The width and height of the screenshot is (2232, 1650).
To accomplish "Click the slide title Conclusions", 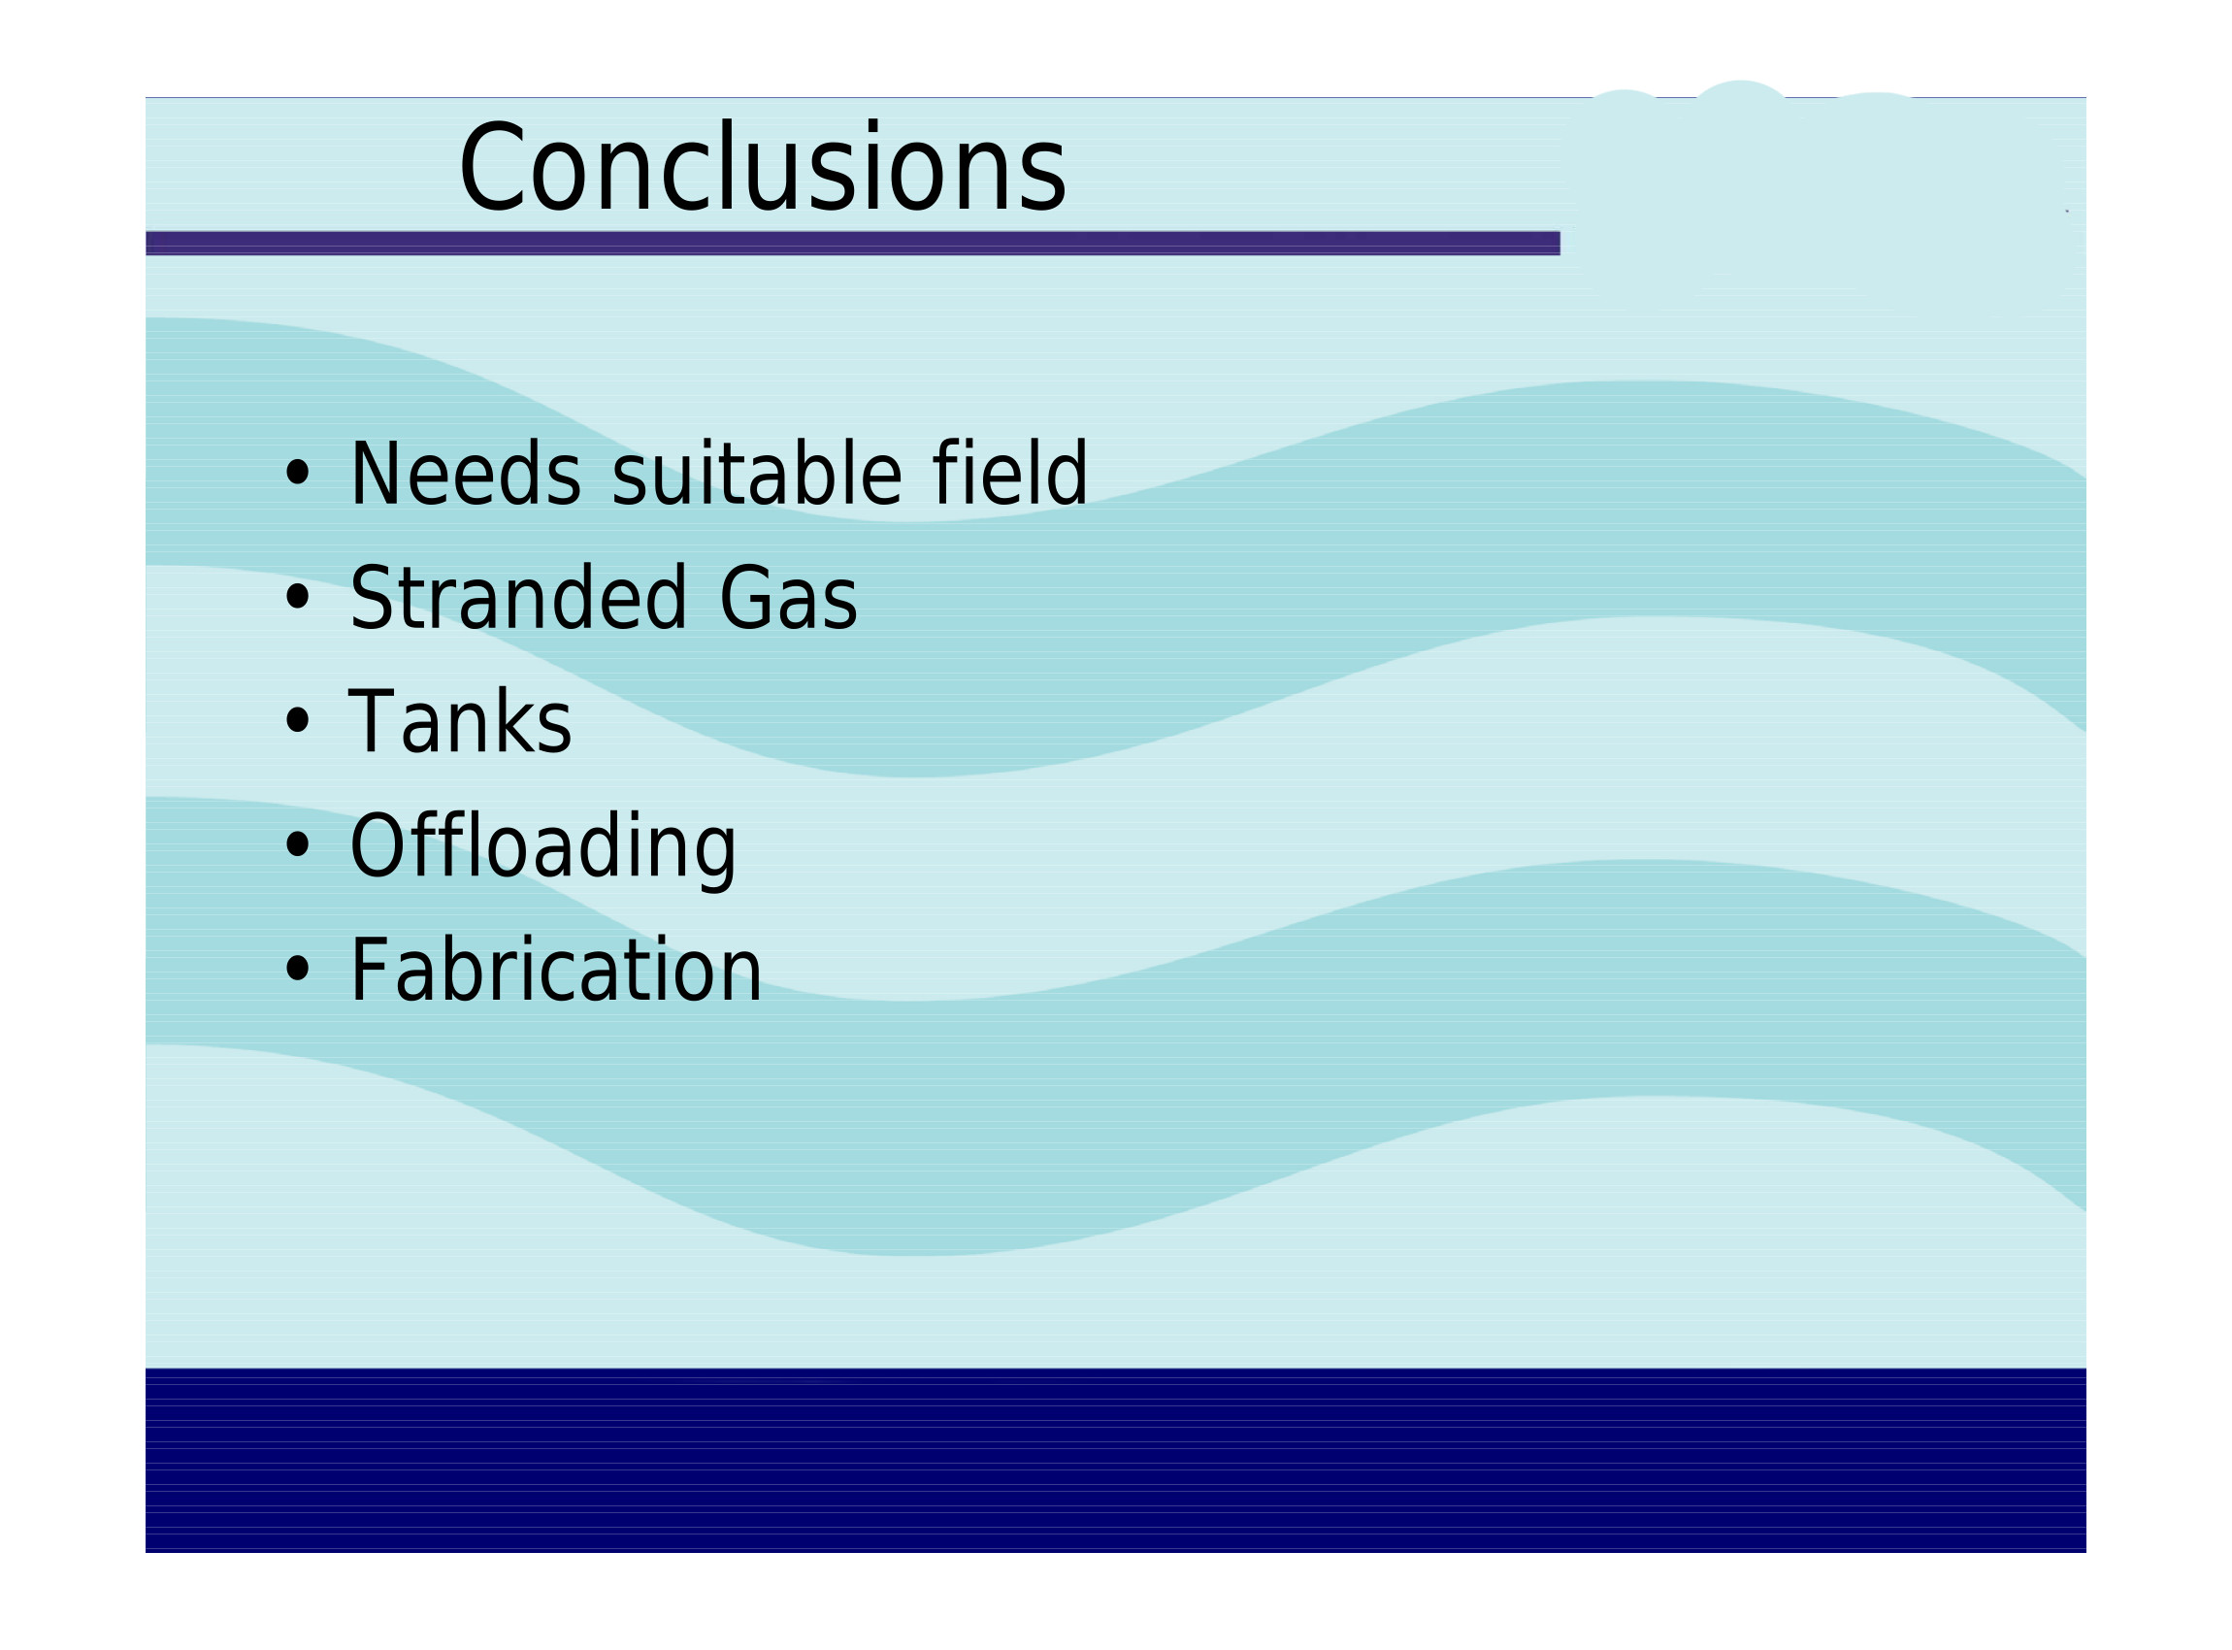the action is click(763, 167).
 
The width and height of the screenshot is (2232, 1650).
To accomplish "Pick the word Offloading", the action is click(542, 848).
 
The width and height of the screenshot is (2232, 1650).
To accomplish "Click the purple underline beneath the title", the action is click(853, 244).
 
